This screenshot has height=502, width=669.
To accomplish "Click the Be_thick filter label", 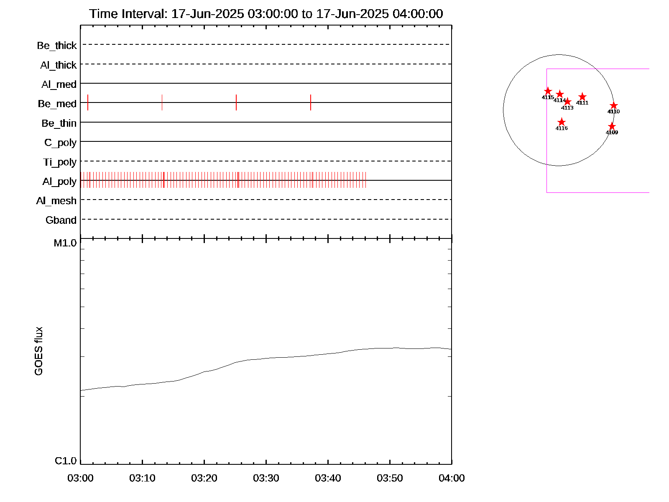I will coord(57,46).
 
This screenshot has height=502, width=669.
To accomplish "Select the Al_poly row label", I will coord(59,182).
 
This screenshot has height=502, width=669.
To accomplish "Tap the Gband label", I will coord(61,220).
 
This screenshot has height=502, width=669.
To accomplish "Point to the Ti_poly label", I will coord(60,162).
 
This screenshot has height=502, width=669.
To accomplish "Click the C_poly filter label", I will coord(61,143).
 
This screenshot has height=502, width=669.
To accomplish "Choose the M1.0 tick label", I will coord(65,243).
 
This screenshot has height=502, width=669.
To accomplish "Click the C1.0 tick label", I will coord(66,461).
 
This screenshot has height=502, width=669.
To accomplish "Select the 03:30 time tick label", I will coord(266,478).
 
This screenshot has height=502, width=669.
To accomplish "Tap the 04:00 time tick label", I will coord(452,478).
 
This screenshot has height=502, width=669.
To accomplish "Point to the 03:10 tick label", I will coord(142,478).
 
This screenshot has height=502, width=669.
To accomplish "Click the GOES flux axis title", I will coord(38,351).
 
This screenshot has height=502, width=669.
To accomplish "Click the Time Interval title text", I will coord(266,14).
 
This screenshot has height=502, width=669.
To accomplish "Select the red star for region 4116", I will coord(562,122).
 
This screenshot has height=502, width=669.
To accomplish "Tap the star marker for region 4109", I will coord(612,126).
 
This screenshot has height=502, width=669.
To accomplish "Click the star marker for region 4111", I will coord(582,97).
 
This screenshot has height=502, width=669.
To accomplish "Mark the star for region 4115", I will coord(548,91).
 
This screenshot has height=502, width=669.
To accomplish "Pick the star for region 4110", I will coord(613,105).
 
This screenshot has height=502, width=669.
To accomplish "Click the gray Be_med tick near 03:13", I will coord(162,102).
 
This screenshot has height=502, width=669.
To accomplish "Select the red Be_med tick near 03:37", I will coord(311,102).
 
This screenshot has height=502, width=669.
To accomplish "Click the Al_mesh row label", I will coord(56,201).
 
